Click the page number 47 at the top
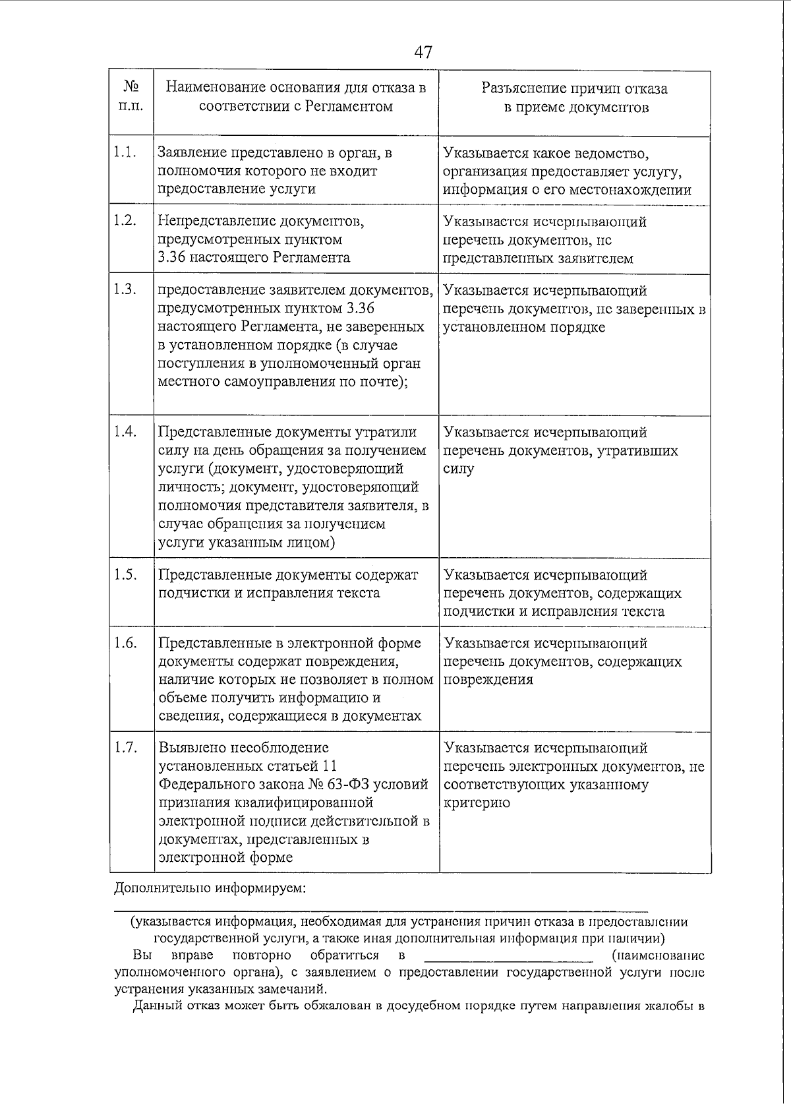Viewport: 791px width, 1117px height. [424, 51]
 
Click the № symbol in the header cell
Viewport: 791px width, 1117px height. [131, 88]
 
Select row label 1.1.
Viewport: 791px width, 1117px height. [124, 152]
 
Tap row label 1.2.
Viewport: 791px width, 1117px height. [124, 221]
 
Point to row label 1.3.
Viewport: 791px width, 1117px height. [124, 289]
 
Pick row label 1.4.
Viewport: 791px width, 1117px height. [124, 432]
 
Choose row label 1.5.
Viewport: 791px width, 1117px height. [124, 574]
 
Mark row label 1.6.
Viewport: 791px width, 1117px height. [124, 643]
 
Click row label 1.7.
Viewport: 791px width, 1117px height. [124, 748]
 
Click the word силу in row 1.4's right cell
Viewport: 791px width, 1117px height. [458, 469]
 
